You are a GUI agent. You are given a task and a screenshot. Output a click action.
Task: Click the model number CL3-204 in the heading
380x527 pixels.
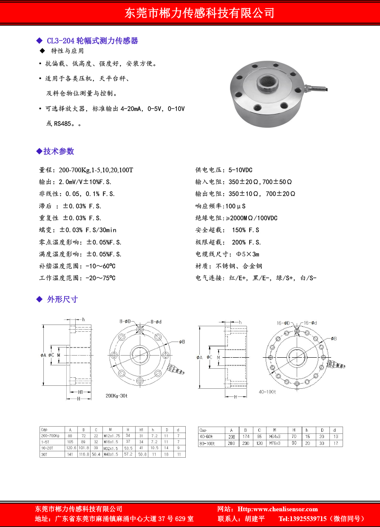[x=60, y=41]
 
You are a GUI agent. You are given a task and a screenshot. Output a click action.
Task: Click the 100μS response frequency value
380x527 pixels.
[x=235, y=206]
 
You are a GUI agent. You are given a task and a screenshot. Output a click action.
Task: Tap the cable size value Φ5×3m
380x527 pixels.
[x=247, y=254]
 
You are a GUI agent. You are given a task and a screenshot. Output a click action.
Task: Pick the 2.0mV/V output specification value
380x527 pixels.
[x=72, y=182]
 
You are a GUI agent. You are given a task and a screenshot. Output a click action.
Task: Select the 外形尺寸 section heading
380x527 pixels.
[x=62, y=299]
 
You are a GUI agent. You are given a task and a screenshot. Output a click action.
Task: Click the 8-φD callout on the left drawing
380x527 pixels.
[x=125, y=322]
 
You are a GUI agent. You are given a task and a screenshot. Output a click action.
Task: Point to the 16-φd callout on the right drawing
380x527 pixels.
[x=310, y=323]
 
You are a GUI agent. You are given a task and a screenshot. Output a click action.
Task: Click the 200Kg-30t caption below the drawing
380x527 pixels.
[x=116, y=396]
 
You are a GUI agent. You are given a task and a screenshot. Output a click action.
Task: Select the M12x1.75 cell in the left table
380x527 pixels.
[x=112, y=436]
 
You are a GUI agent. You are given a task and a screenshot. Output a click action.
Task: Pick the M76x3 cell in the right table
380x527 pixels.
[x=275, y=444]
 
